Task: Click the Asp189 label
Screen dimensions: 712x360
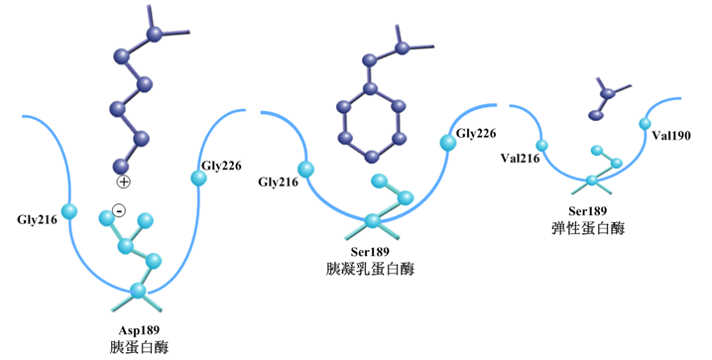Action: (139, 330)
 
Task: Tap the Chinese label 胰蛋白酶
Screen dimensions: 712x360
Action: (139, 347)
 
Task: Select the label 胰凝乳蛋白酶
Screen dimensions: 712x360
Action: (370, 269)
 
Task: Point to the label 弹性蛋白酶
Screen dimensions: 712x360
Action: (588, 228)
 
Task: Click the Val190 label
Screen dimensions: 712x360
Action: (671, 135)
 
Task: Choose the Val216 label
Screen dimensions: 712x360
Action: (521, 158)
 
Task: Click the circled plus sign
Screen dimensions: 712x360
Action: (123, 182)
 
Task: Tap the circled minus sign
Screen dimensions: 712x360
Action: (119, 210)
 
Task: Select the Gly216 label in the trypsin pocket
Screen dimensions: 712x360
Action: (38, 220)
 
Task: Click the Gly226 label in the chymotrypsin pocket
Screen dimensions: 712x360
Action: (476, 133)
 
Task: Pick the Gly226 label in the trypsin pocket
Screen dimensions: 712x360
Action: (221, 166)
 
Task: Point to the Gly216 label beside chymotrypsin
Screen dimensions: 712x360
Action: (279, 182)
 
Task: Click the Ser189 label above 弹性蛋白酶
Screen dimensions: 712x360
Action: (588, 211)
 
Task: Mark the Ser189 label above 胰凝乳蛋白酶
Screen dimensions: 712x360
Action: (370, 252)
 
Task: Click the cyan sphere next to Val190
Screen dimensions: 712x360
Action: (645, 124)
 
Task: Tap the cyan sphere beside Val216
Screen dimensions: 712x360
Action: (541, 145)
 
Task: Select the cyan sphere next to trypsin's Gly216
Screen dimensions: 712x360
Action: (69, 211)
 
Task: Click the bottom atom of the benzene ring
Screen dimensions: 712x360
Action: (372, 157)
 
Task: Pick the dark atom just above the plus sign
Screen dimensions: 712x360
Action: (121, 167)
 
